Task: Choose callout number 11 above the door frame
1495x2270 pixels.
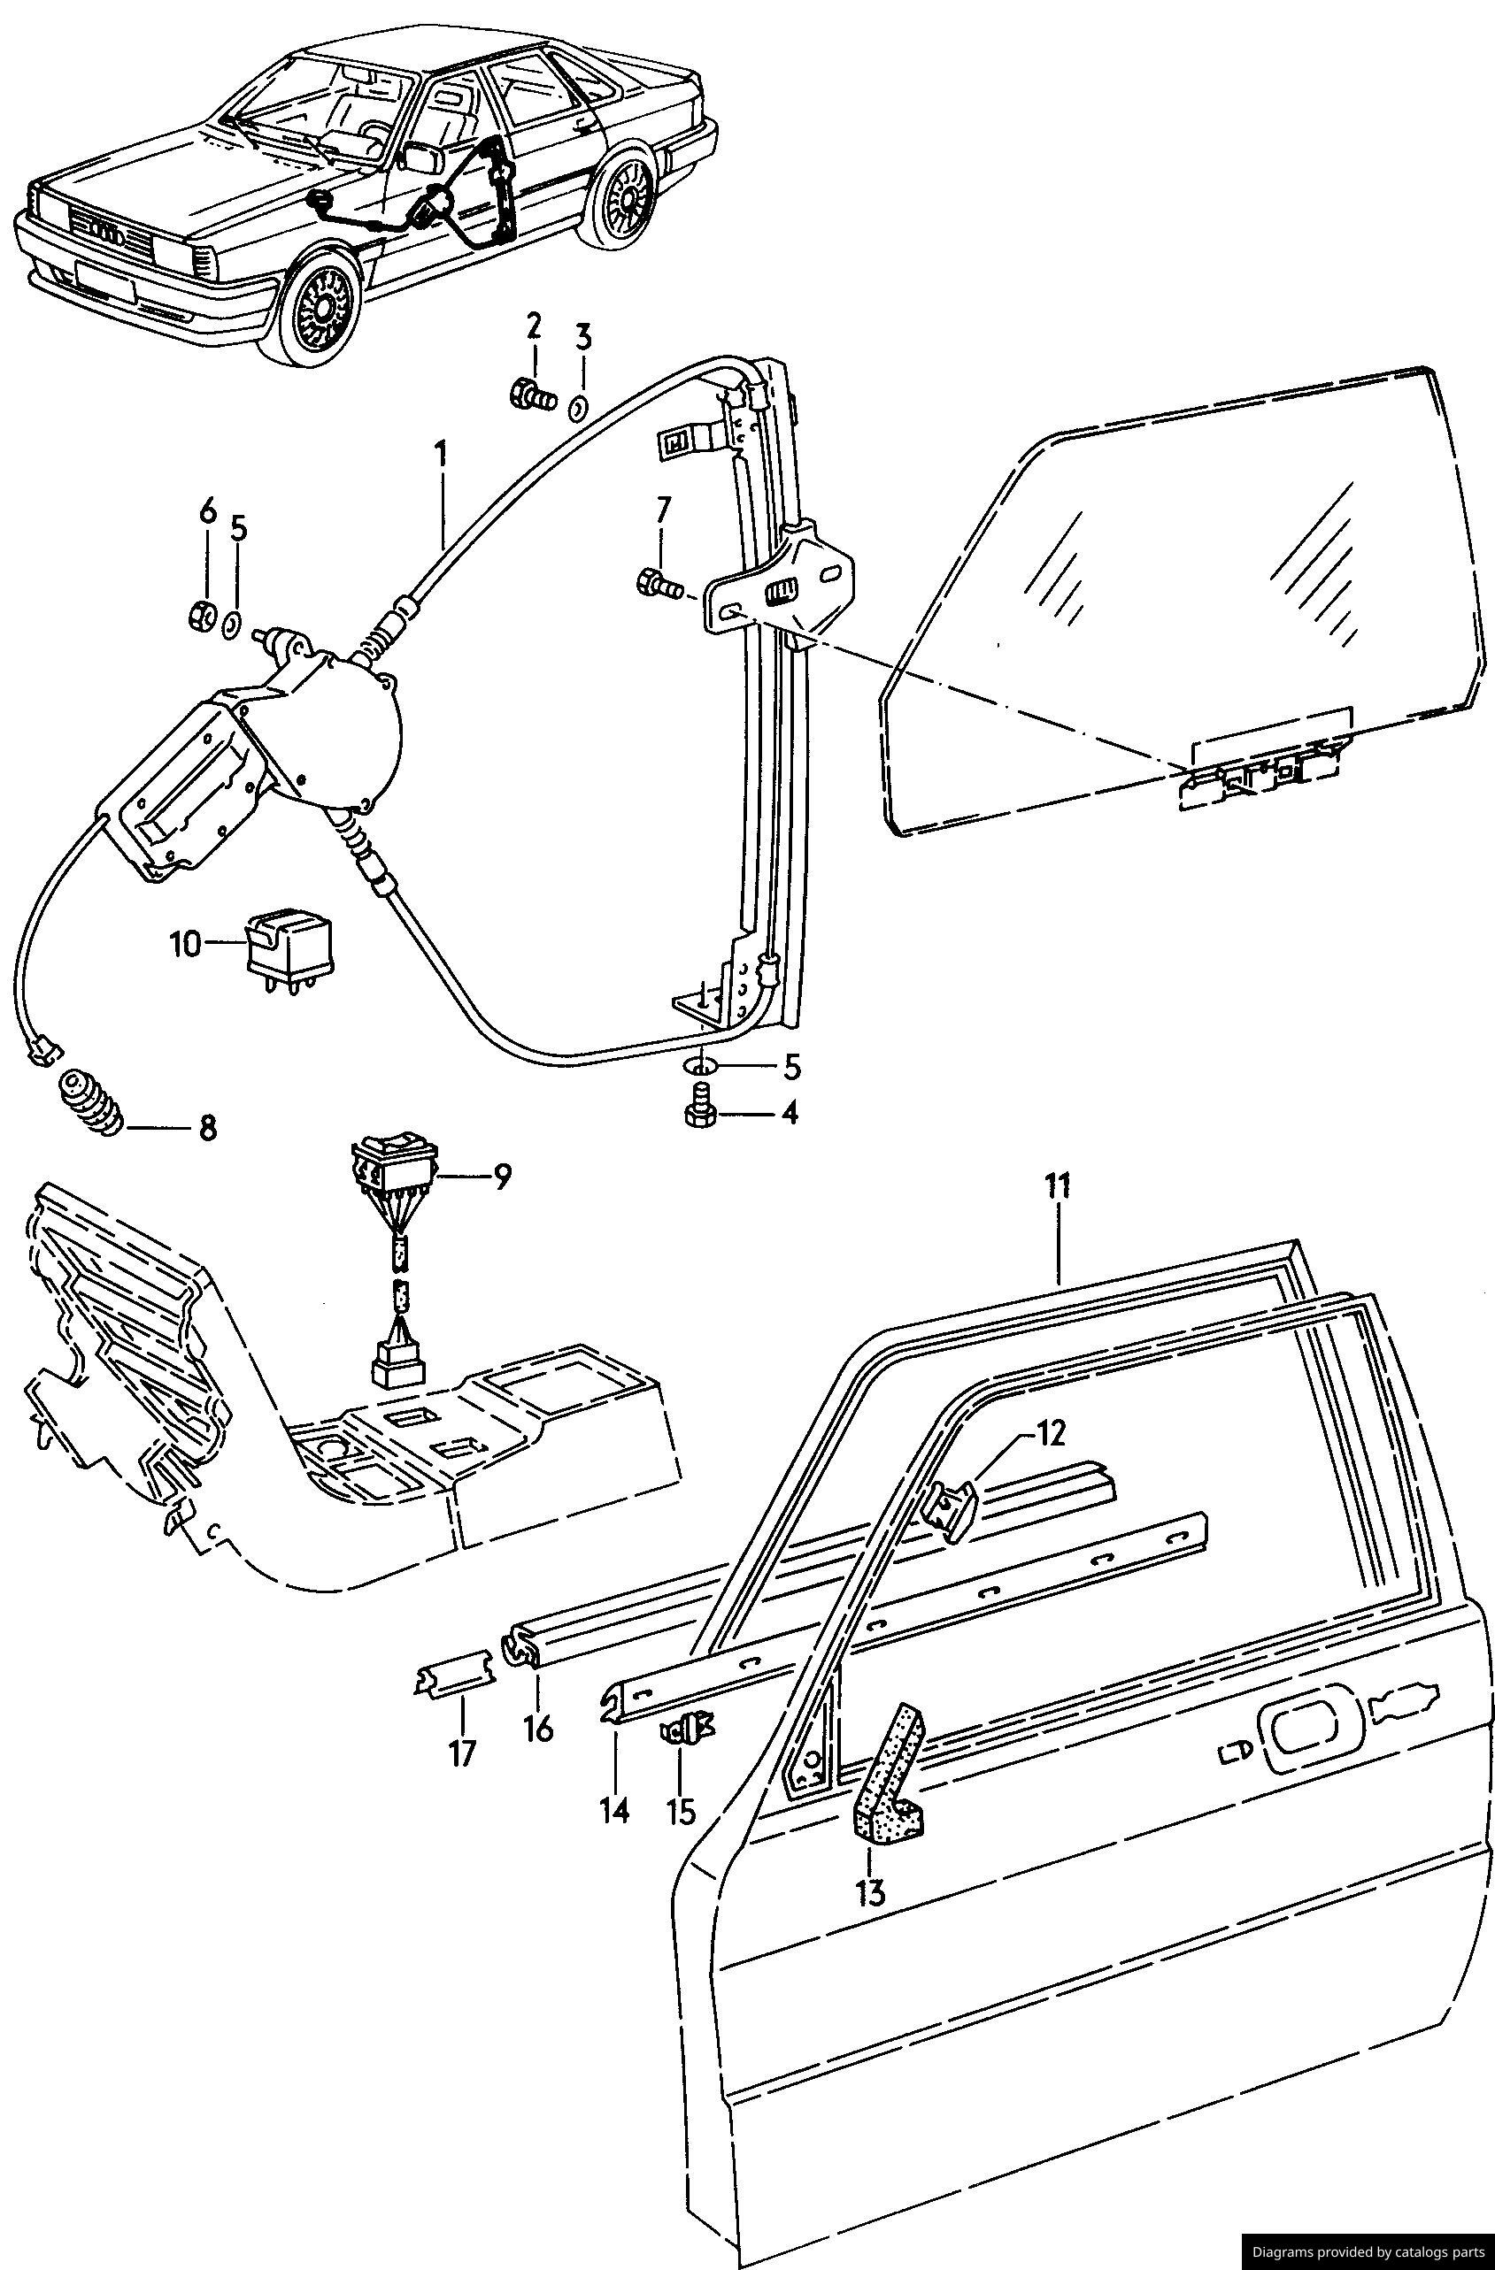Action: pyautogui.click(x=1057, y=1187)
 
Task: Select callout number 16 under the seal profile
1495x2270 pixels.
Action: pyautogui.click(x=539, y=1729)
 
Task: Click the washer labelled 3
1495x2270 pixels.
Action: pyautogui.click(x=576, y=410)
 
